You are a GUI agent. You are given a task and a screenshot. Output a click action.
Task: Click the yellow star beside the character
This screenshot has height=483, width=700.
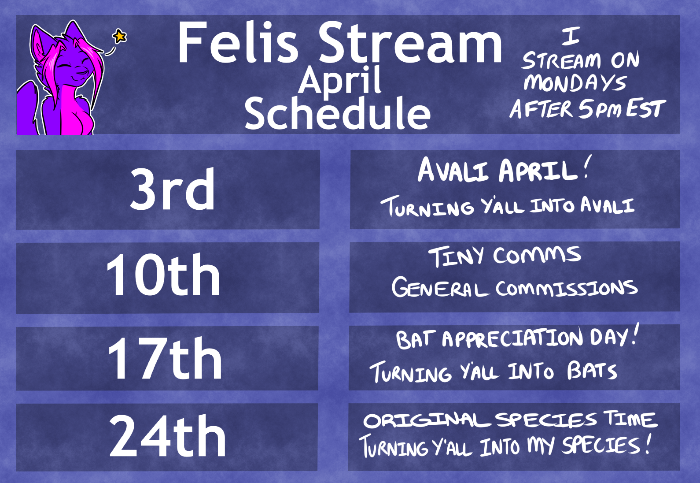coord(120,36)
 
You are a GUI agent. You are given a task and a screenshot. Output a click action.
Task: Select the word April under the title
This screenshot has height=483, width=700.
coord(340,81)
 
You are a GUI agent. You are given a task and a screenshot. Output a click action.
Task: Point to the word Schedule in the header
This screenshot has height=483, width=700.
coord(338,113)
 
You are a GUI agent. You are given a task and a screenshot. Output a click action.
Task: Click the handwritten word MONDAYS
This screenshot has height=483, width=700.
coord(575,83)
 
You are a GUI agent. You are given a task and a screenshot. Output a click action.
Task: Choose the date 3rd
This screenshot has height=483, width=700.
coord(172,189)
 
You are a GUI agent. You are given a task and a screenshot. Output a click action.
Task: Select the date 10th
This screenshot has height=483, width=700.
coord(163,275)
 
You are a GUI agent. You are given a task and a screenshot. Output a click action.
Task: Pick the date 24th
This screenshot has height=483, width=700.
coord(167,436)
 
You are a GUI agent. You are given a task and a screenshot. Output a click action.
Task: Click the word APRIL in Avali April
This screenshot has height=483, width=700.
coord(538,170)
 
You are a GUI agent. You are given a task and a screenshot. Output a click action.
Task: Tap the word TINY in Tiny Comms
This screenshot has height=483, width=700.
coord(456,256)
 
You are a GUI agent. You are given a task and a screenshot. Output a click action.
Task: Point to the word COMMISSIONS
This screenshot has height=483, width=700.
coord(567,288)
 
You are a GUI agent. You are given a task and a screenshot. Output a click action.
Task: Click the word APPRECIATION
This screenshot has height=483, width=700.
coord(512,338)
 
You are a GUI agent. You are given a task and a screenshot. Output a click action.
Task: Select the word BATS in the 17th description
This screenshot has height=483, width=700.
coord(592,371)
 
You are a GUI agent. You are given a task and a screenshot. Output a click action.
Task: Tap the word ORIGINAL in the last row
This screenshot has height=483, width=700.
coord(427,421)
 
